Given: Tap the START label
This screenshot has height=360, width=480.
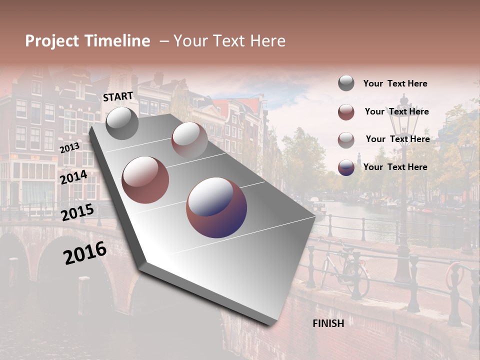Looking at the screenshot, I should (118, 96).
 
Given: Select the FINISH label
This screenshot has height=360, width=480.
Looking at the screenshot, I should (328, 323).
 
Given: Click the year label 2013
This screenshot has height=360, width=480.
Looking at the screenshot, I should (69, 148).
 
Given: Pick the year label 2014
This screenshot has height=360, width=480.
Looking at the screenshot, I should (73, 177).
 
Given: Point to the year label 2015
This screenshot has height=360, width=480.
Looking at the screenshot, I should (77, 212).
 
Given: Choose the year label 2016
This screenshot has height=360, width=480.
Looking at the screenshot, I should (85, 253).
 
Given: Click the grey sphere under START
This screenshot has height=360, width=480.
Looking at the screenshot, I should (122, 123).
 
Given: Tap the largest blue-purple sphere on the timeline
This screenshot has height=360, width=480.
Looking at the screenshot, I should (216, 207).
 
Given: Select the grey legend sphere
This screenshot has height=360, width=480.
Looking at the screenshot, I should (346, 83).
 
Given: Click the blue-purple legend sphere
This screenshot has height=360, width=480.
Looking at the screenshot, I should (346, 167).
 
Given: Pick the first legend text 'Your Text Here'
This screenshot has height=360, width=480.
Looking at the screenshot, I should (395, 84).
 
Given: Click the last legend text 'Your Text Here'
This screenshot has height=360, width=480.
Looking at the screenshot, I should (395, 167).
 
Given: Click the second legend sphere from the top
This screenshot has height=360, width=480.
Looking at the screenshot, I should (346, 112).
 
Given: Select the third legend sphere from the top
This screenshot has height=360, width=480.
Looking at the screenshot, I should (346, 140).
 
